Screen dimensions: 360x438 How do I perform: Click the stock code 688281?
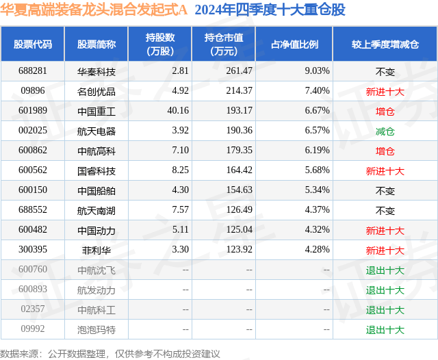(x=33, y=71)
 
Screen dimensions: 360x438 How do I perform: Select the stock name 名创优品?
(x=96, y=91)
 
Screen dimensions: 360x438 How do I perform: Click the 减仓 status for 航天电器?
(x=385, y=131)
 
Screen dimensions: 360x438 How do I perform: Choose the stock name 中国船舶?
(x=96, y=191)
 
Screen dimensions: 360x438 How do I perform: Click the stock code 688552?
(x=33, y=211)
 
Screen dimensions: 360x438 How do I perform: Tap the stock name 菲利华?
(x=96, y=250)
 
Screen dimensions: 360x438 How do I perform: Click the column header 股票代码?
(x=33, y=44)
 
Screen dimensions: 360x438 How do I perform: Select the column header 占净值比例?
(x=294, y=44)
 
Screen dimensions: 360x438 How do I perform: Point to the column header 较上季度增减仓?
(x=385, y=44)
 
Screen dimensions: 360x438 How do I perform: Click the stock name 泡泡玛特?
(x=96, y=330)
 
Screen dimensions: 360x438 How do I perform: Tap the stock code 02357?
(x=33, y=309)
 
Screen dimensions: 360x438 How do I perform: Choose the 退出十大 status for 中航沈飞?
(x=385, y=270)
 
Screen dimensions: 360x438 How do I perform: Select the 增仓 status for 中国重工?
(x=385, y=111)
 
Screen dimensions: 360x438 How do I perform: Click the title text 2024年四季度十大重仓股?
(x=270, y=10)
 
